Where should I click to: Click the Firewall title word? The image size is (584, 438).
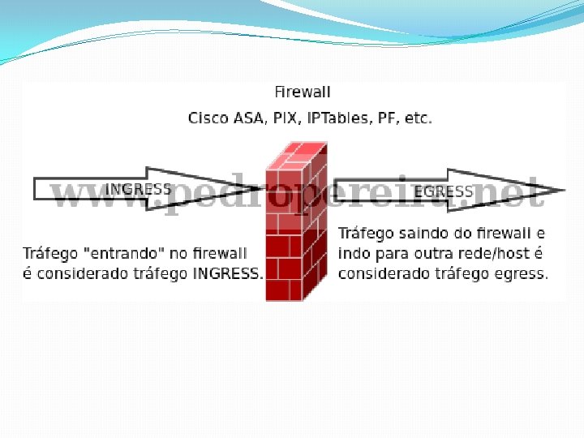click(303, 92)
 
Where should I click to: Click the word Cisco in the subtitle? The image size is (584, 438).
click(208, 118)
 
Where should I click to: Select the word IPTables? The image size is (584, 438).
click(339, 118)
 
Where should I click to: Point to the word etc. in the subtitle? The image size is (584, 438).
click(418, 118)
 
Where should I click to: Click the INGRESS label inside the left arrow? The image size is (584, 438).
click(139, 189)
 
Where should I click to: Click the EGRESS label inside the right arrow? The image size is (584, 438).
click(444, 191)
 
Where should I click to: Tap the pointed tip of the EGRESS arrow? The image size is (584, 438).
click(562, 191)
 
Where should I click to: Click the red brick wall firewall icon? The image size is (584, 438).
click(297, 223)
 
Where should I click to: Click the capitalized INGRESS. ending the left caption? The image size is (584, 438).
click(228, 273)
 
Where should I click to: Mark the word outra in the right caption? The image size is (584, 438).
click(436, 253)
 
